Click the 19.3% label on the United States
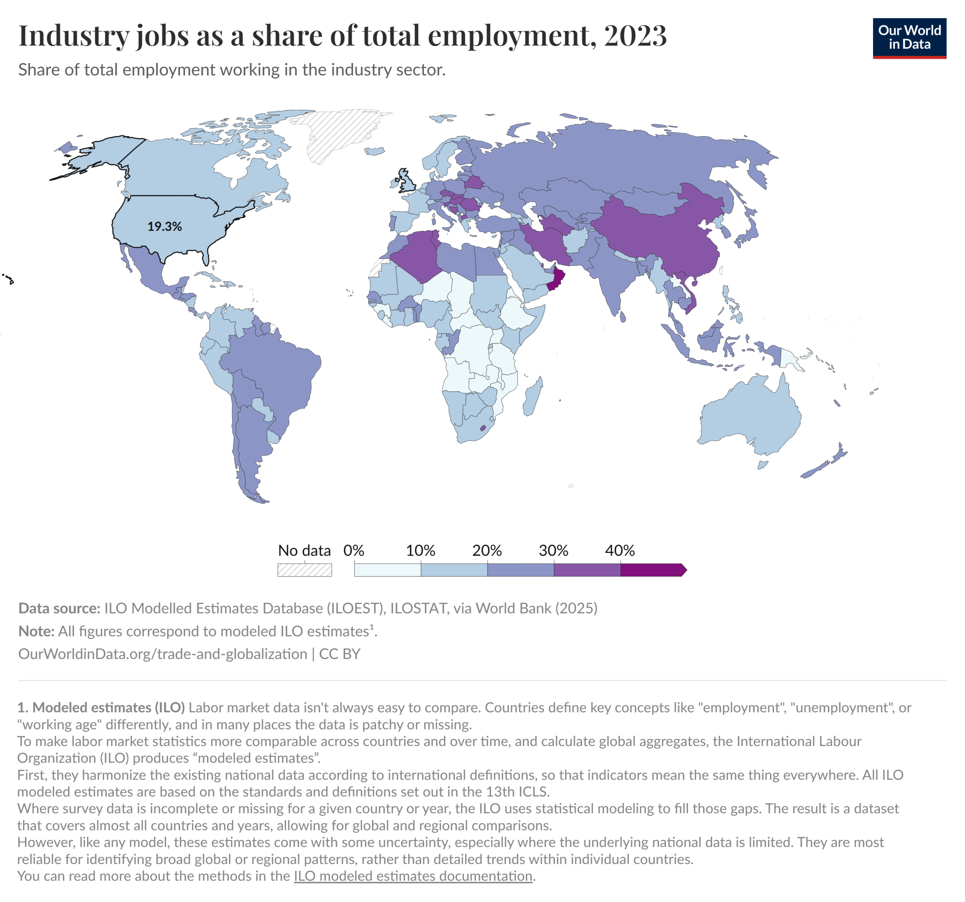point(165,226)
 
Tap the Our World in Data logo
point(909,38)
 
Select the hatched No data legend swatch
point(304,569)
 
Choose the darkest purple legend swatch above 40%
point(652,570)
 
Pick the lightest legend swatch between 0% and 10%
point(388,570)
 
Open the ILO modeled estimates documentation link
point(413,876)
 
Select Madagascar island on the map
point(533,398)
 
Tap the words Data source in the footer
point(59,608)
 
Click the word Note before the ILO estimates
point(36,631)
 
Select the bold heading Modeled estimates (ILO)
point(108,708)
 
